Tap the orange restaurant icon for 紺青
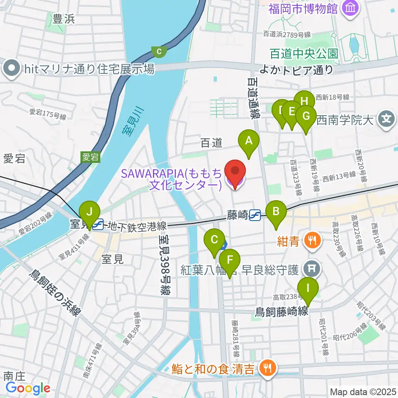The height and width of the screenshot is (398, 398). [x=311, y=240]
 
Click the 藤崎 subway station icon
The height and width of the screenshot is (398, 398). [x=255, y=215]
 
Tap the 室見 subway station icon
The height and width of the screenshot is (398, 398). [x=98, y=225]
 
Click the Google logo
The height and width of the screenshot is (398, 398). [x=28, y=388]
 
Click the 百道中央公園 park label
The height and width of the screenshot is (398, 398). [x=303, y=53]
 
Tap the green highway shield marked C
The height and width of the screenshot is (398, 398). [x=159, y=51]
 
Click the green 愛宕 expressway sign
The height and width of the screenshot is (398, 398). [x=90, y=157]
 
